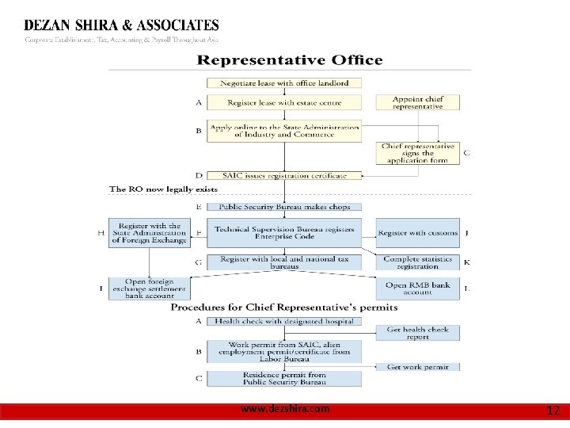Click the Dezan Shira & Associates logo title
(122, 26)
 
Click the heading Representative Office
(289, 60)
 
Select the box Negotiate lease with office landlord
(284, 83)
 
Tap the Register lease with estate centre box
(284, 102)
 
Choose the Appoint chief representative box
(417, 102)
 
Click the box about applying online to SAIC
(284, 131)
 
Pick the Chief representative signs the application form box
(417, 153)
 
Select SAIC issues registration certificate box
(284, 175)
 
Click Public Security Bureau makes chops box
(284, 207)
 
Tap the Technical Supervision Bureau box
(284, 232)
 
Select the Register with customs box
(417, 233)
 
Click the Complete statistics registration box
(417, 262)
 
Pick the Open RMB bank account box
(417, 289)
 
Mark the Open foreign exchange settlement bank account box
(149, 289)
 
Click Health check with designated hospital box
(284, 321)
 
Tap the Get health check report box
(417, 333)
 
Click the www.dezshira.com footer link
(285, 409)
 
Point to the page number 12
(553, 411)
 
